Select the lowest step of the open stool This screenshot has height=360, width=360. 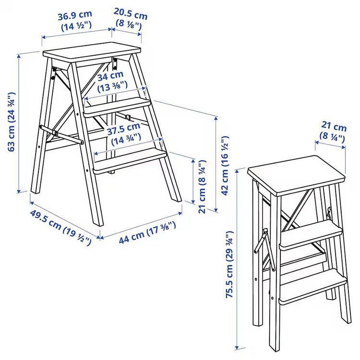(130, 161)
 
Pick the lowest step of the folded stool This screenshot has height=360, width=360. (312, 287)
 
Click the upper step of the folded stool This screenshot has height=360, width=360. (311, 235)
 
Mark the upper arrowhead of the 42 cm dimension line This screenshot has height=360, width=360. (216, 119)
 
